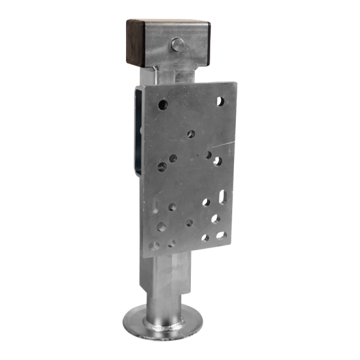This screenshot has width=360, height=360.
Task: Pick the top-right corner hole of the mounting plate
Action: pos(220,101)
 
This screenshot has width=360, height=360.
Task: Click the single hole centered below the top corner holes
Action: pos(191,133)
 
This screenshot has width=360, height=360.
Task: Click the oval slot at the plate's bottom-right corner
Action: pos(221,235)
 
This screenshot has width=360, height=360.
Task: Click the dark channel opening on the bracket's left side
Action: pos(139,132)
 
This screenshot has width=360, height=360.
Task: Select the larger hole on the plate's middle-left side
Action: pos(161,166)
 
